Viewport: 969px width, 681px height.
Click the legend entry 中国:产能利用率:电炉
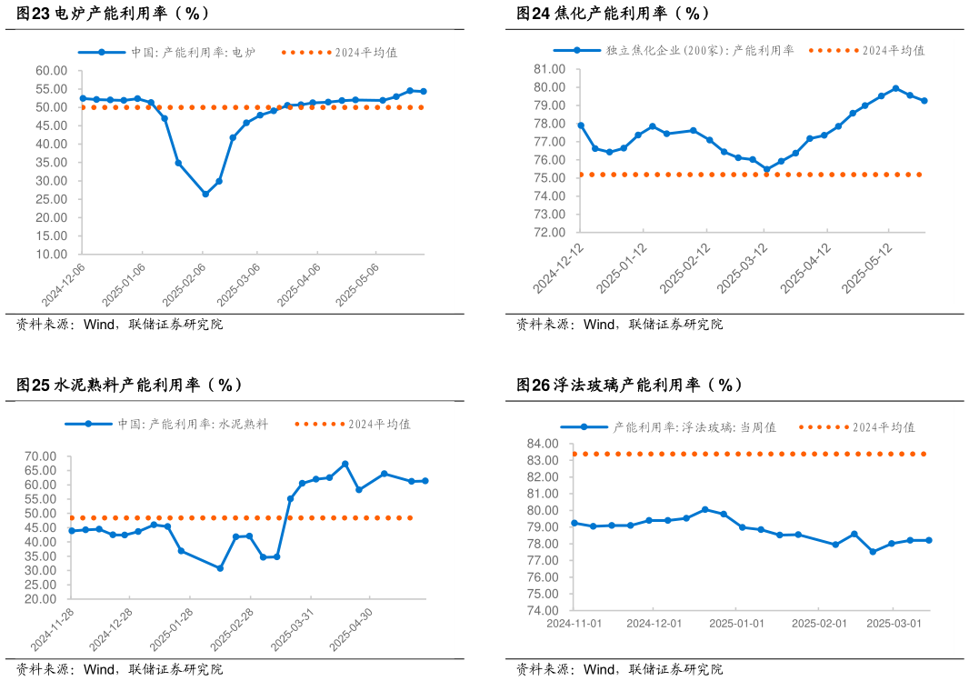(193, 53)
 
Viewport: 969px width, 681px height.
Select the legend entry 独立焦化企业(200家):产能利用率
(700, 51)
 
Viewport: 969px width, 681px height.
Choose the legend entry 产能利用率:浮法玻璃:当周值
(694, 427)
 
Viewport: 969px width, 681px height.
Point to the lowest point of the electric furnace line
(205, 194)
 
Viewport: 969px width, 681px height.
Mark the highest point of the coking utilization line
(895, 88)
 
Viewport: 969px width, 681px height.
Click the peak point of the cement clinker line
(345, 464)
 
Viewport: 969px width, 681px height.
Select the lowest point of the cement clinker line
(220, 568)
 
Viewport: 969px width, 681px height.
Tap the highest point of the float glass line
(704, 509)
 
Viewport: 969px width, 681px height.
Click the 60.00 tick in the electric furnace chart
(52, 71)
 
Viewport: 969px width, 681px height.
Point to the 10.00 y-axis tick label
(52, 255)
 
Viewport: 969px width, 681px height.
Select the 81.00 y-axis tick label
(550, 69)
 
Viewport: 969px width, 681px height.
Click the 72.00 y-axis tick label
(550, 233)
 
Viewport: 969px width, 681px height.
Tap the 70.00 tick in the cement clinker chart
(42, 456)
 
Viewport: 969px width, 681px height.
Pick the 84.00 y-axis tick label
(544, 444)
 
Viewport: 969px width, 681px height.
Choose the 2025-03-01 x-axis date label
(894, 624)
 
